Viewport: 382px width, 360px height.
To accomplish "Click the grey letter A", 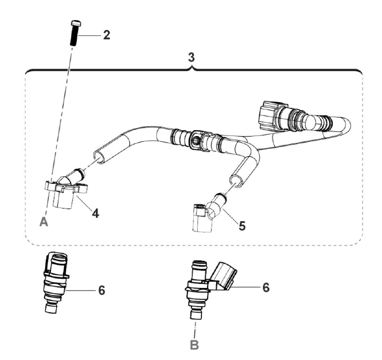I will pyautogui.click(x=45, y=223).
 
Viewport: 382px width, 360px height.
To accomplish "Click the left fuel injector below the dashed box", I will pyautogui.click(x=56, y=283).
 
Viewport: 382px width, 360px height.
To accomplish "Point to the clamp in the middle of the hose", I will pyautogui.click(x=198, y=140).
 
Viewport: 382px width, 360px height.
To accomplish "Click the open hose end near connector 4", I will pyautogui.click(x=99, y=156).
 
